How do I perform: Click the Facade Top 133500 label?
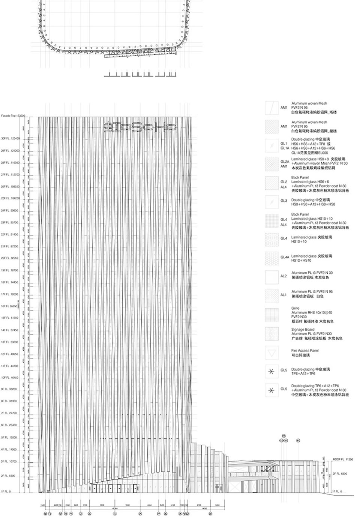pos(13,116)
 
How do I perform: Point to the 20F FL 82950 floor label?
pos(10,258)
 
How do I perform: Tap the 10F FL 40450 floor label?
pos(10,378)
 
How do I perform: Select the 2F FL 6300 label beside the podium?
pos(340,474)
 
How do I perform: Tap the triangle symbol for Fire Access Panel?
pos(271,352)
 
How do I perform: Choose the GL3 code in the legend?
pos(284,201)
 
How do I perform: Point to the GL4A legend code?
pos(285,258)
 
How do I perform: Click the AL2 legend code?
pos(284,276)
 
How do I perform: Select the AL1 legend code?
pos(284,295)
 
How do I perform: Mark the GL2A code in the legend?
pos(285,162)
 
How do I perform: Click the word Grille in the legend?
pos(295,308)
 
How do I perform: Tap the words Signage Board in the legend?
pos(303,330)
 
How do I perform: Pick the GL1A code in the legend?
pos(285,148)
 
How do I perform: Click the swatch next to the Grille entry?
pos(271,315)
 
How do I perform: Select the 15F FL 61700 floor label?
pos(10,318)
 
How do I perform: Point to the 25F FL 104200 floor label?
pos(10,198)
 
